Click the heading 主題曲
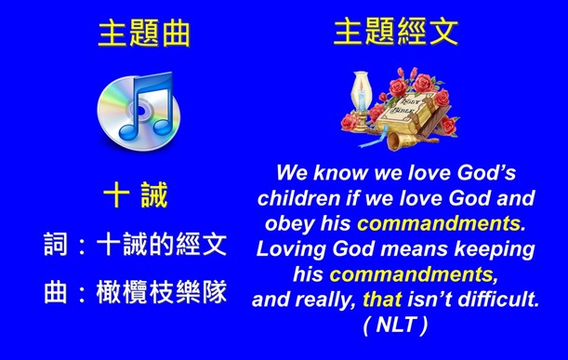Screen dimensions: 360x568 143,33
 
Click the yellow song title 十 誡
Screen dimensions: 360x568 135,197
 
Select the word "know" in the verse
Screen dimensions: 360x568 342,173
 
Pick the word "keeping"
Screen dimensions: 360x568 496,249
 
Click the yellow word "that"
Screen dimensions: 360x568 382,300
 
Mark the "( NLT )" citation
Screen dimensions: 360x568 397,325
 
